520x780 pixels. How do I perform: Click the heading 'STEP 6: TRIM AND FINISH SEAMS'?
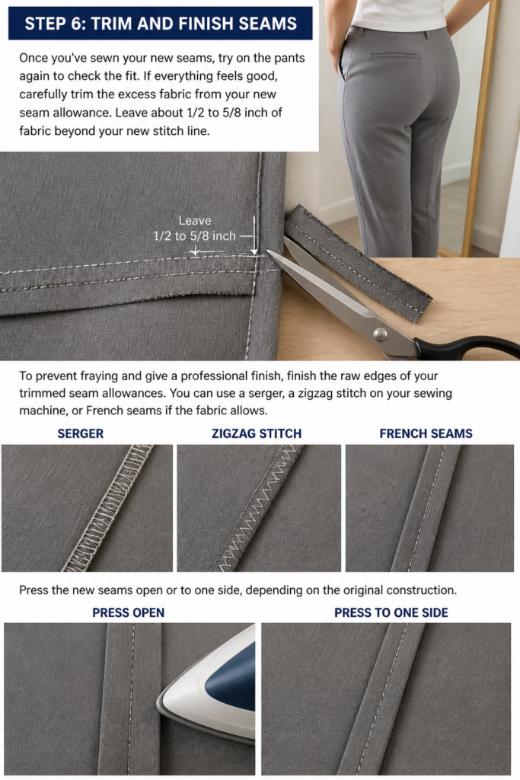click(x=161, y=24)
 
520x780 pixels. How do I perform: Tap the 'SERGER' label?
click(x=81, y=433)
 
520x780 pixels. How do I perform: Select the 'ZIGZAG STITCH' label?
click(x=257, y=433)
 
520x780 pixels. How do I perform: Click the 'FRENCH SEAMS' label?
click(x=426, y=433)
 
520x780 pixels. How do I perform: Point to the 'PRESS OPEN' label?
click(x=128, y=613)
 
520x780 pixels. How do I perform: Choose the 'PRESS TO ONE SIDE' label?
click(x=391, y=613)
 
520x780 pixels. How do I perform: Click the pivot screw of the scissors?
click(x=381, y=334)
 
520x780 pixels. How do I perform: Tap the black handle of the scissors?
click(x=467, y=347)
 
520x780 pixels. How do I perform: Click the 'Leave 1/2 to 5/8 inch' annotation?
click(x=195, y=229)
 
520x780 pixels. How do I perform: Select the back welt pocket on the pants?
click(x=396, y=56)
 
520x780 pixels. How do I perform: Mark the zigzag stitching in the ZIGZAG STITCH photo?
click(x=257, y=507)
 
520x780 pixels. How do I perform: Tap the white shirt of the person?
click(x=397, y=14)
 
